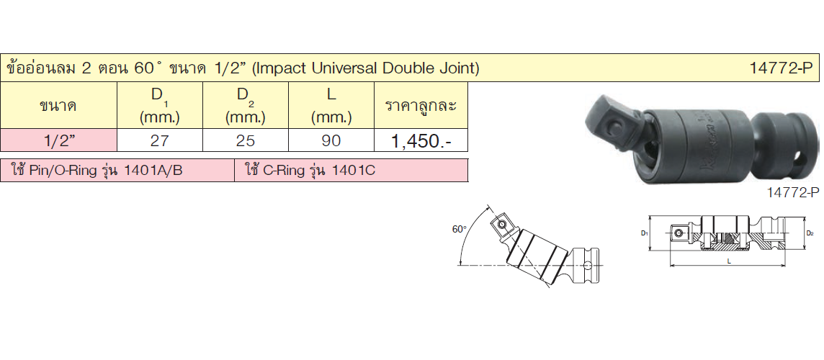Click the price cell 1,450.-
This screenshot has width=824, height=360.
pos(420,141)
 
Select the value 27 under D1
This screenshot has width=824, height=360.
pos(159,141)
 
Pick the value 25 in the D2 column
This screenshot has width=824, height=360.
pos(245,141)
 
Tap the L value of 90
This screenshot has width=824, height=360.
pos(331,141)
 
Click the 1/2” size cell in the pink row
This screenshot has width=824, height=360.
pos(58,141)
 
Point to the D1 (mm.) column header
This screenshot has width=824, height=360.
pos(160,106)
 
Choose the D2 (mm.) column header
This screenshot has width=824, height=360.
pos(246,106)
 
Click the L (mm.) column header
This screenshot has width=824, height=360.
pos(331,106)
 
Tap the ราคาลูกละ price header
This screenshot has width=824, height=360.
pos(421,106)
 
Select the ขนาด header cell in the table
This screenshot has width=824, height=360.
pos(58,107)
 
